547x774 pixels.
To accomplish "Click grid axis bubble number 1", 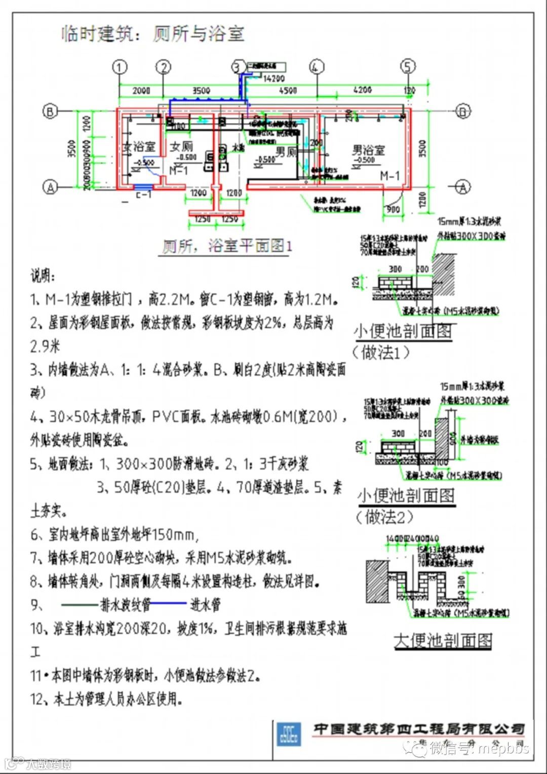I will [120, 67].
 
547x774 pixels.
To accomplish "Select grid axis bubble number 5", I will [408, 67].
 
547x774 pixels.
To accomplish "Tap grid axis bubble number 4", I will [317, 67].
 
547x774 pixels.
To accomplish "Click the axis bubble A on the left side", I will [50, 187].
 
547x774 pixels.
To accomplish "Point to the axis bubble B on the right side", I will [463, 111].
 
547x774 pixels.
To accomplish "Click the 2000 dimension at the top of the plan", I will [141, 90].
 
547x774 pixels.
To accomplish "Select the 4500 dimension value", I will [288, 90].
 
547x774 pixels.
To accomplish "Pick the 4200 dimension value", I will [363, 90].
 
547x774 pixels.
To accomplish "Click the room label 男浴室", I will [369, 150].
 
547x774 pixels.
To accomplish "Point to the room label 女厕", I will [181, 146].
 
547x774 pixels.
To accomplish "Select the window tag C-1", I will [143, 194].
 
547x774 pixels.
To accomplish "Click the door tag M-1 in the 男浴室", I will [390, 176].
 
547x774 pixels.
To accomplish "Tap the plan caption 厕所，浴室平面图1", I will [227, 246].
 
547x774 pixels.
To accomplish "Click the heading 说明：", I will [44, 276].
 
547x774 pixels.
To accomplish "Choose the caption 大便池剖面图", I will [443, 640].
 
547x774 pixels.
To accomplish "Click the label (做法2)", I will [385, 517].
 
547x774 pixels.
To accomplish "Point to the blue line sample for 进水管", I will [169, 603].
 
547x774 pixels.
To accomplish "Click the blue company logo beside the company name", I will [288, 735].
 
